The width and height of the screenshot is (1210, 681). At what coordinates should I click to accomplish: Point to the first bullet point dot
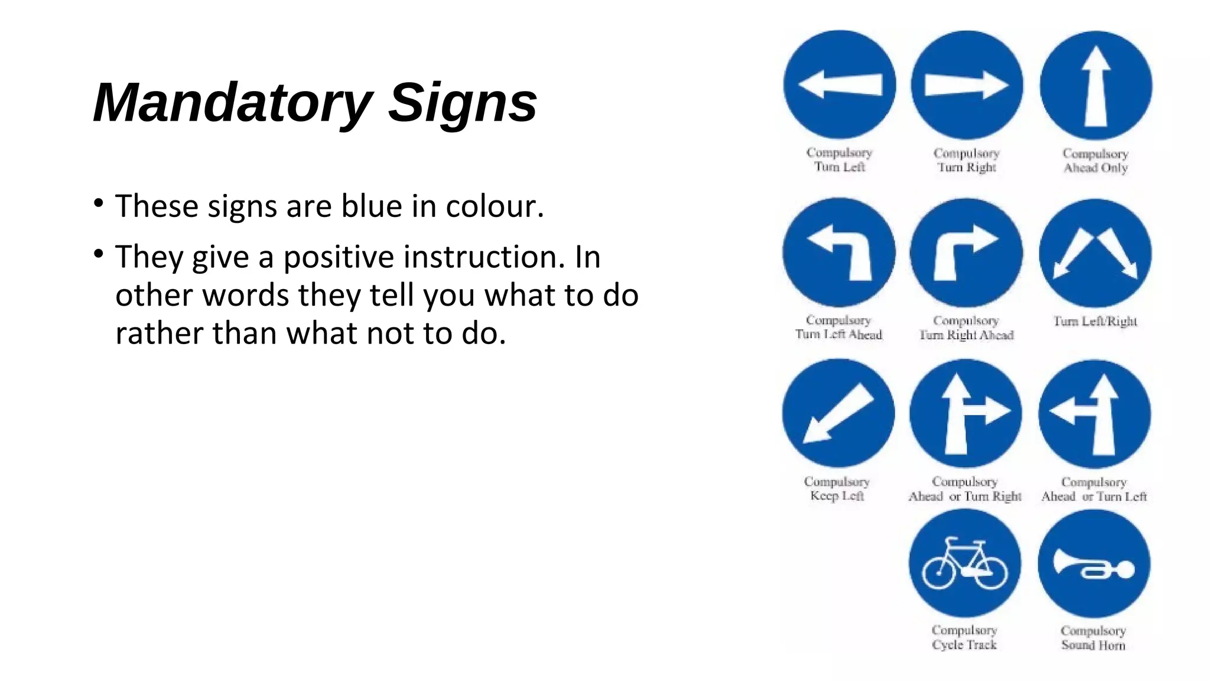click(x=99, y=203)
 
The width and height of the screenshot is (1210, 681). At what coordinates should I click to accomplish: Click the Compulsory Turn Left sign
click(x=839, y=85)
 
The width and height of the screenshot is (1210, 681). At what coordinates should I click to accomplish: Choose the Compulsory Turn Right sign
click(x=967, y=85)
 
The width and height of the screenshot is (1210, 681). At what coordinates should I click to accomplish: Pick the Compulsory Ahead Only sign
click(x=1095, y=86)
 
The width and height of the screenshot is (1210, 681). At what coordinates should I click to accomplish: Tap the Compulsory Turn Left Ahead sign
click(x=838, y=252)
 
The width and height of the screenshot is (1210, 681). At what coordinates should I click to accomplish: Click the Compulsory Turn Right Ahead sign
click(x=966, y=253)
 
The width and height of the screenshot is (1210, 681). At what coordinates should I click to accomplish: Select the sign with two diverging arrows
click(x=1095, y=254)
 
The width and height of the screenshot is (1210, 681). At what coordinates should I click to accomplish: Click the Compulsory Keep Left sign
click(x=838, y=413)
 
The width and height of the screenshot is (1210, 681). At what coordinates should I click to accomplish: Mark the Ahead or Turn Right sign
click(x=965, y=413)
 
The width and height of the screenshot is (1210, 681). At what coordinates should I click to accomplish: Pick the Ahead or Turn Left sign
click(x=1094, y=414)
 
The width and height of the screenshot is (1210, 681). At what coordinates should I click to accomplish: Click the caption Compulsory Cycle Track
click(x=964, y=638)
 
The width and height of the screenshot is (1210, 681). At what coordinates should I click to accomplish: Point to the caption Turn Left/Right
click(x=1095, y=322)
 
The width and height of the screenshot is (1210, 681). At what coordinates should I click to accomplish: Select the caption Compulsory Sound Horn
click(x=1093, y=638)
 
